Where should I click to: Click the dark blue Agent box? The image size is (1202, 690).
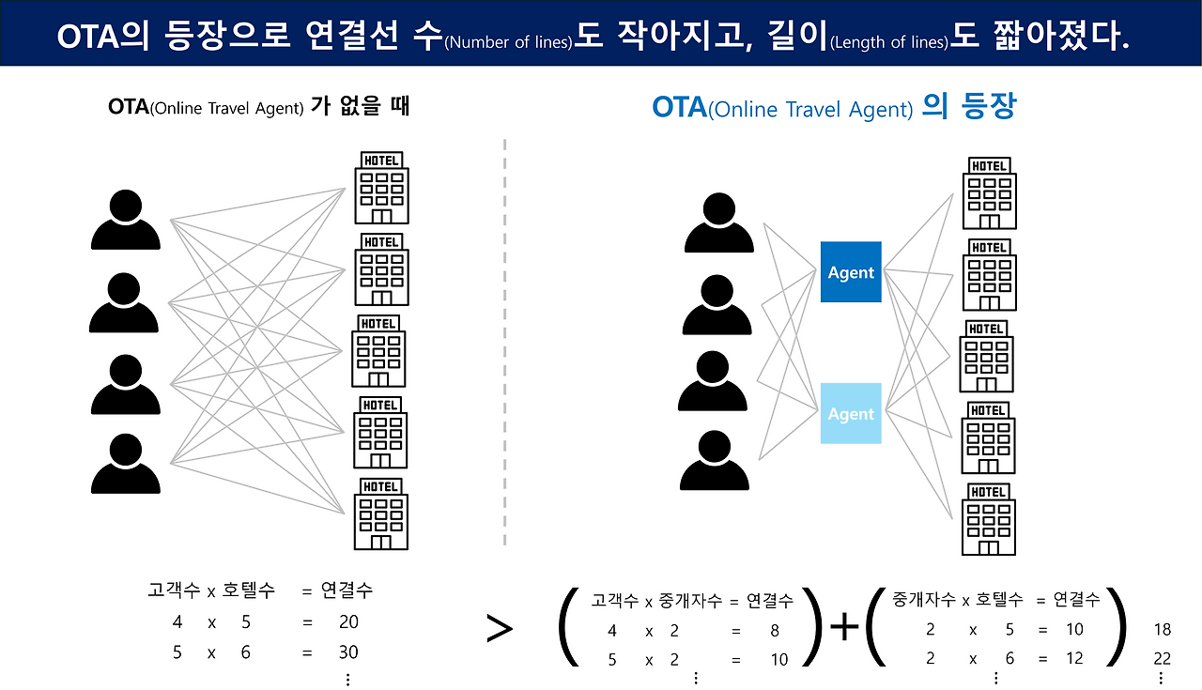851,272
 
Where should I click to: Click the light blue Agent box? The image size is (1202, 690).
851,413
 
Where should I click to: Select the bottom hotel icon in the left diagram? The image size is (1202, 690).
380,514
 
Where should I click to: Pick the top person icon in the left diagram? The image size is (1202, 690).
125,221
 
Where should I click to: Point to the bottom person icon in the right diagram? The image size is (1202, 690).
714,460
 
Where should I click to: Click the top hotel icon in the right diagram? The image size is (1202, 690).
989,193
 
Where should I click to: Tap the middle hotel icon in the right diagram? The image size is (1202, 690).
986,356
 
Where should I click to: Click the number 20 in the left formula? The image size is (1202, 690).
348,621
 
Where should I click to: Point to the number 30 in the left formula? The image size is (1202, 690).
348,652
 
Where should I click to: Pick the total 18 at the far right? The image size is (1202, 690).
1162,630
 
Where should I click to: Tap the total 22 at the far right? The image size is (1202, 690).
1162,659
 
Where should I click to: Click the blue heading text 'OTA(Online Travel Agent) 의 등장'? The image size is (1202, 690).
834,108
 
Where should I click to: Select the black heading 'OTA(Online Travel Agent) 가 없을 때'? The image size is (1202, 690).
259,106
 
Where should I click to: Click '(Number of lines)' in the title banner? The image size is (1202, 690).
508,42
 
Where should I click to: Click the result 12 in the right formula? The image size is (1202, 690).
1074,659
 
